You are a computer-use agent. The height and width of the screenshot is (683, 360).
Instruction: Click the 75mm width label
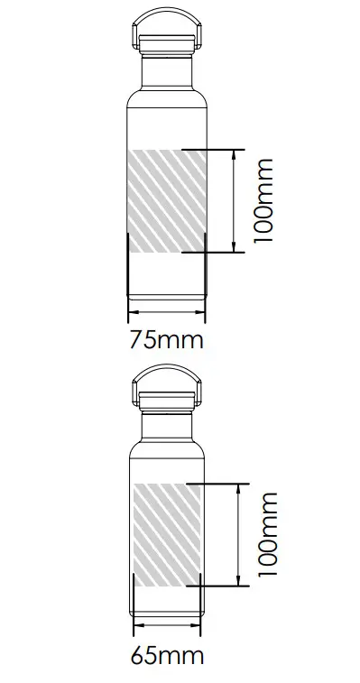167,340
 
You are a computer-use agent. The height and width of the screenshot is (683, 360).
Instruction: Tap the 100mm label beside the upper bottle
263,200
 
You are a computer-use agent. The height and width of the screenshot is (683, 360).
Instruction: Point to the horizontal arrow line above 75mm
168,313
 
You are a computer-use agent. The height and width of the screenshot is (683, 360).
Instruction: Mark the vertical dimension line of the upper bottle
234,200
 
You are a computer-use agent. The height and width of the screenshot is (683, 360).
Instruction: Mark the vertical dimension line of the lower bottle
238,535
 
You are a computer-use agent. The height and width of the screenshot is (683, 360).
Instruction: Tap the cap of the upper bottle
168,40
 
